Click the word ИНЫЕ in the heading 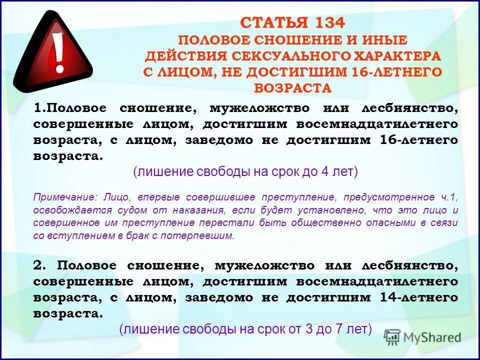(386, 39)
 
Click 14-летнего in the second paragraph (418, 297)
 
